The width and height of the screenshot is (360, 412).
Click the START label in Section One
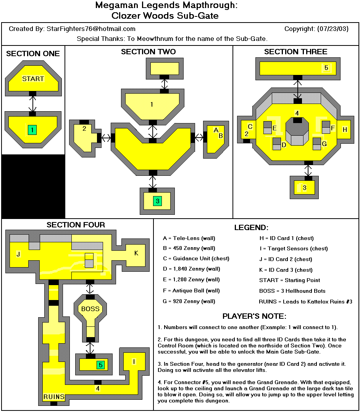(33, 79)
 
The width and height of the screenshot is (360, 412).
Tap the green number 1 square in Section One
(32, 130)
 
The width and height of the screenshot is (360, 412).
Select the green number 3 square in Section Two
(157, 200)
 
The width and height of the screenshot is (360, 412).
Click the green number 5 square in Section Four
(100, 365)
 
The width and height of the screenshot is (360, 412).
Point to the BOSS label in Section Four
(90, 309)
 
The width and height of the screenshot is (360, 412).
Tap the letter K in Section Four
(136, 253)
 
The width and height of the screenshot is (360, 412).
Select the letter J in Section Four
(18, 254)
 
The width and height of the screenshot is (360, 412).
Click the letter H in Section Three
(345, 130)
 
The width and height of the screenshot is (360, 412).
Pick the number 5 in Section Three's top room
(326, 68)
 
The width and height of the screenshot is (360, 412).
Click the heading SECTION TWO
(149, 52)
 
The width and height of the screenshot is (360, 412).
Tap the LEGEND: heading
(251, 228)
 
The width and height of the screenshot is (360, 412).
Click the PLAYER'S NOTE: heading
(254, 316)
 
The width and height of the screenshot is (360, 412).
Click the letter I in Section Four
(134, 361)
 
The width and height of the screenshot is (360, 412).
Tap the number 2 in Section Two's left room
(84, 128)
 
